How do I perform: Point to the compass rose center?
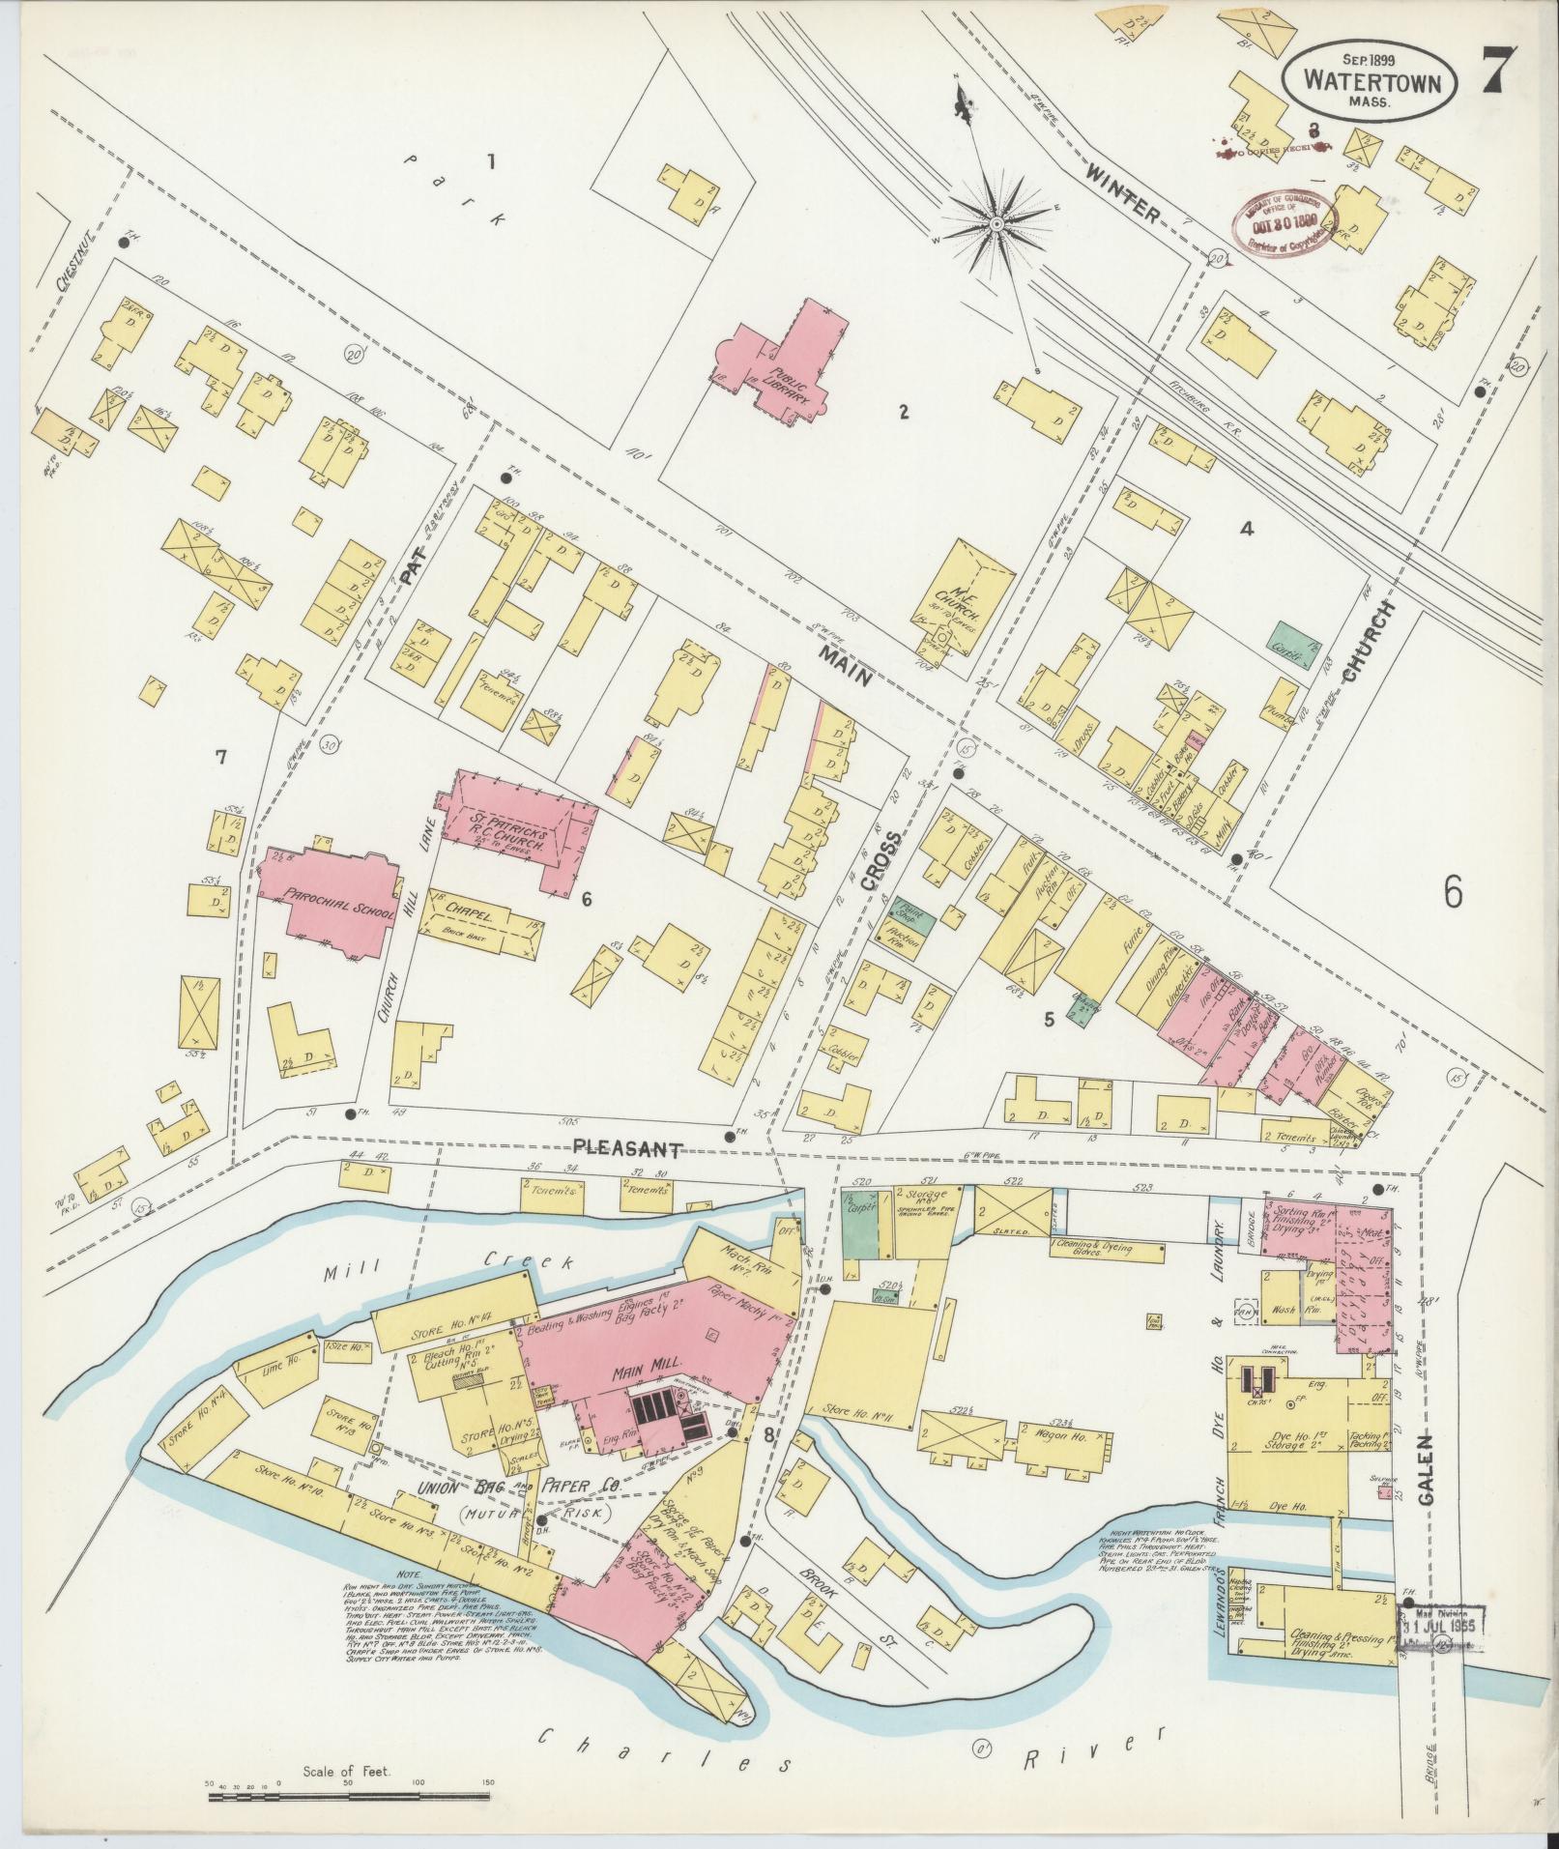tap(995, 224)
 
